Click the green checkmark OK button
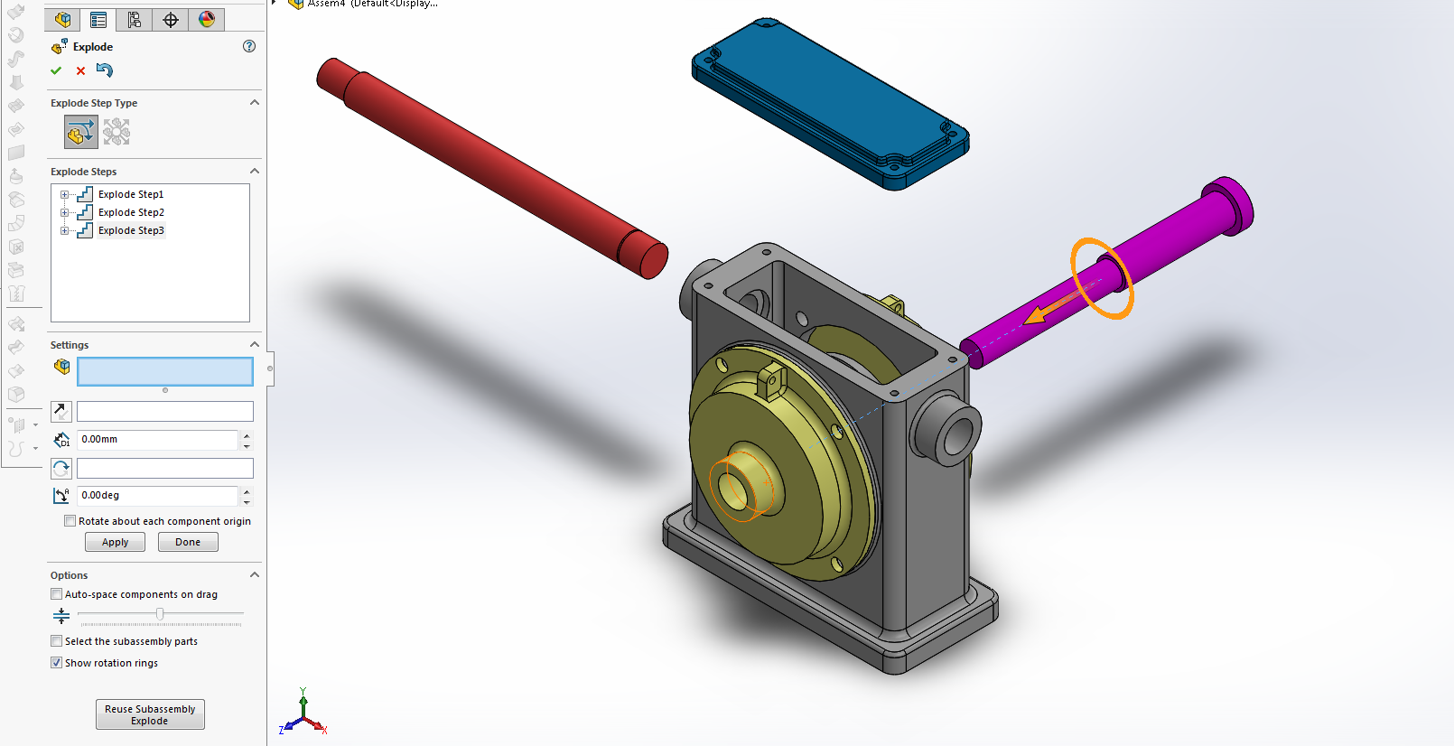56,70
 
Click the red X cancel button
80,70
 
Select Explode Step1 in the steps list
130,194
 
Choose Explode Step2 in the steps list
131,212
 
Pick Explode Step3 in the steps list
131,230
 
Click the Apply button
115,542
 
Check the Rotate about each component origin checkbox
70,521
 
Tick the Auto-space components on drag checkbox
57,594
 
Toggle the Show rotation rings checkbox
57,663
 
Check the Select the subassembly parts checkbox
57,641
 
